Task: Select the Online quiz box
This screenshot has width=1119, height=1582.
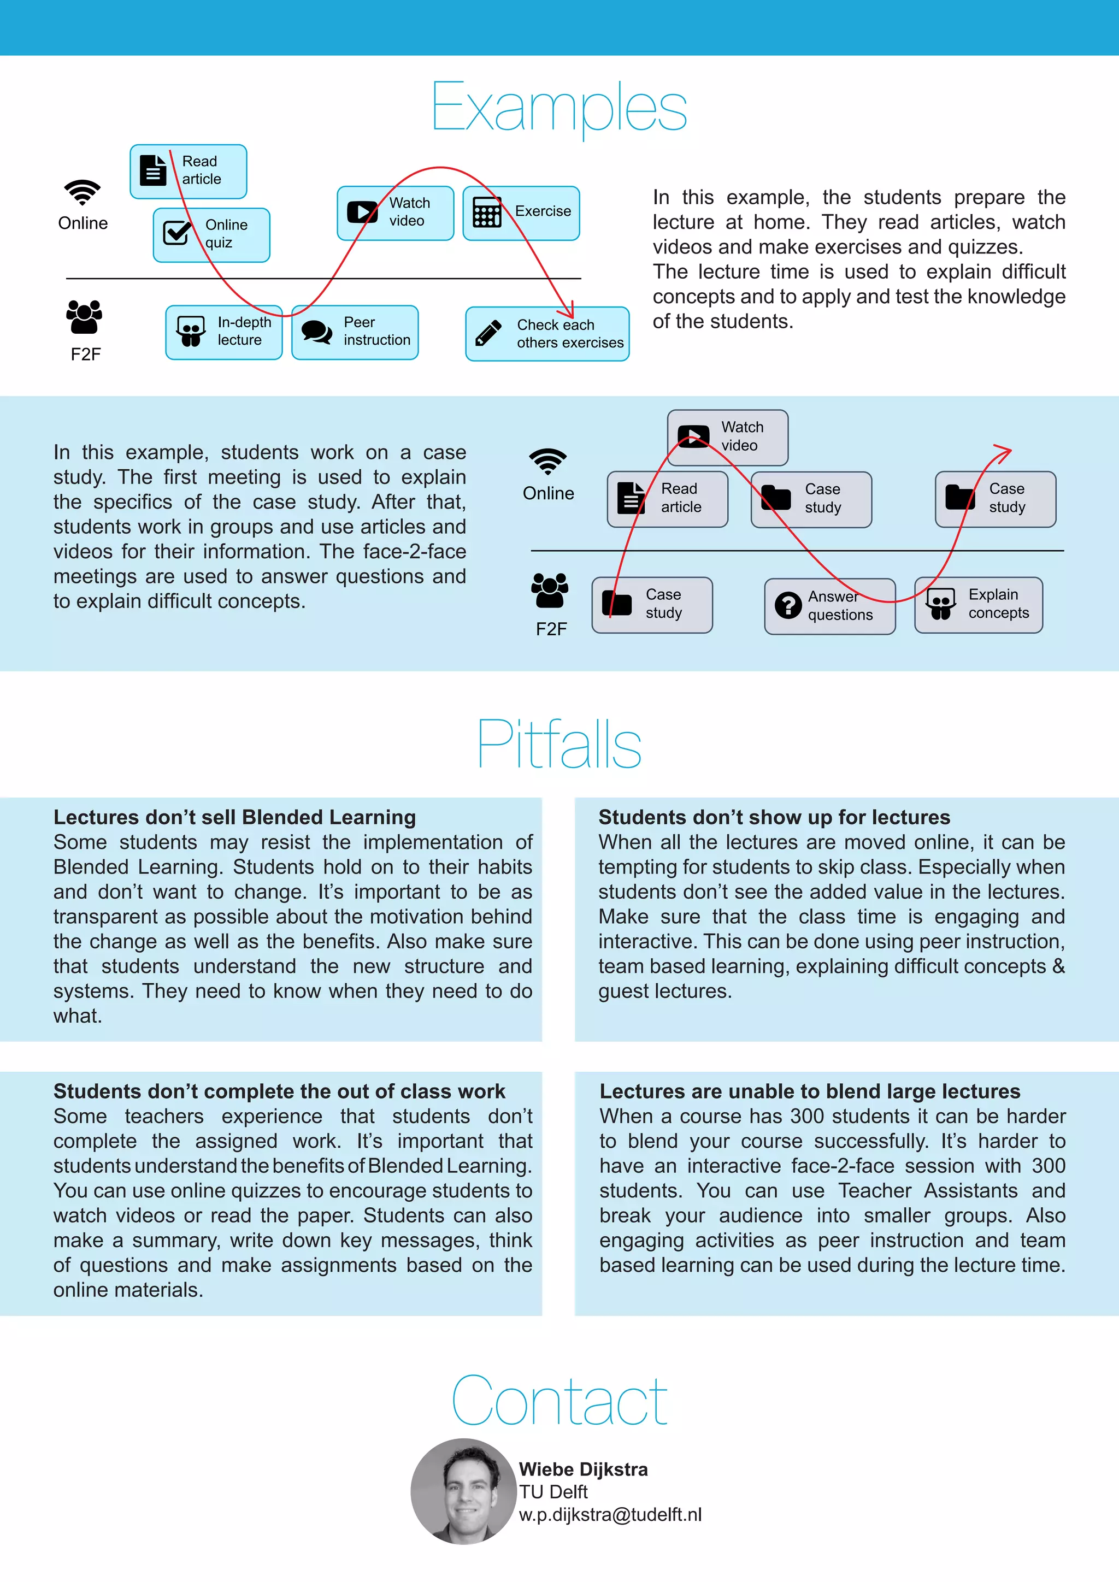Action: point(211,235)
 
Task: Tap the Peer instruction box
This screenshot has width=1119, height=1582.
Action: point(355,332)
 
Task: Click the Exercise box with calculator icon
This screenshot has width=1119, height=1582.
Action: point(521,213)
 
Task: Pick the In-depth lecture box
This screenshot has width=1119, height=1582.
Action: point(224,332)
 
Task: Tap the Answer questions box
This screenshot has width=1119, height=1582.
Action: point(829,606)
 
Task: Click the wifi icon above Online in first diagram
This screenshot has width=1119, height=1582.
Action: point(83,192)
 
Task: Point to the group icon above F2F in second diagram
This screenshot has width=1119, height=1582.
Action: point(549,591)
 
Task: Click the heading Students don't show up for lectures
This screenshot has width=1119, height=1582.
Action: point(774,817)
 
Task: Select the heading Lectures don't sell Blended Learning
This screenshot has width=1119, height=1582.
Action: point(235,817)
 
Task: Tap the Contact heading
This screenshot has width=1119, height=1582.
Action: point(559,1400)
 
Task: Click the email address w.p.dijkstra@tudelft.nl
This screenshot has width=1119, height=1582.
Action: point(610,1514)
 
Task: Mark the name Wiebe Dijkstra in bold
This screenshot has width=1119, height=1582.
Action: point(583,1469)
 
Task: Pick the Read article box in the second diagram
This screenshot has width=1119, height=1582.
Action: point(667,499)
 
